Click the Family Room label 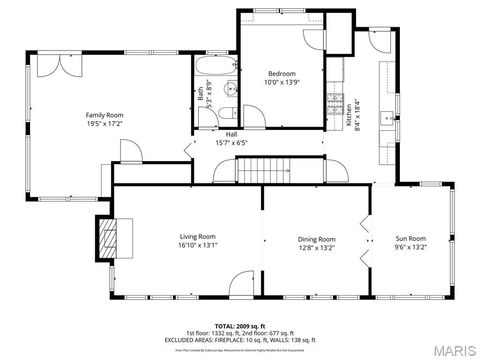click(103, 115)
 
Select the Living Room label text click(197, 236)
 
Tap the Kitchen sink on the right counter click(386, 119)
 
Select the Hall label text click(231, 134)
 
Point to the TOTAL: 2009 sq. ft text click(239, 326)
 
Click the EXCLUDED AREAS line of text click(239, 340)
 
